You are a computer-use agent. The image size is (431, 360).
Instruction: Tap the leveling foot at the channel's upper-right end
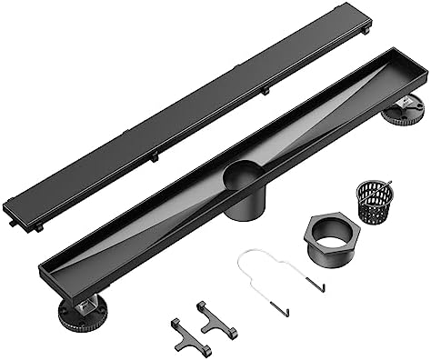[404, 111]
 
